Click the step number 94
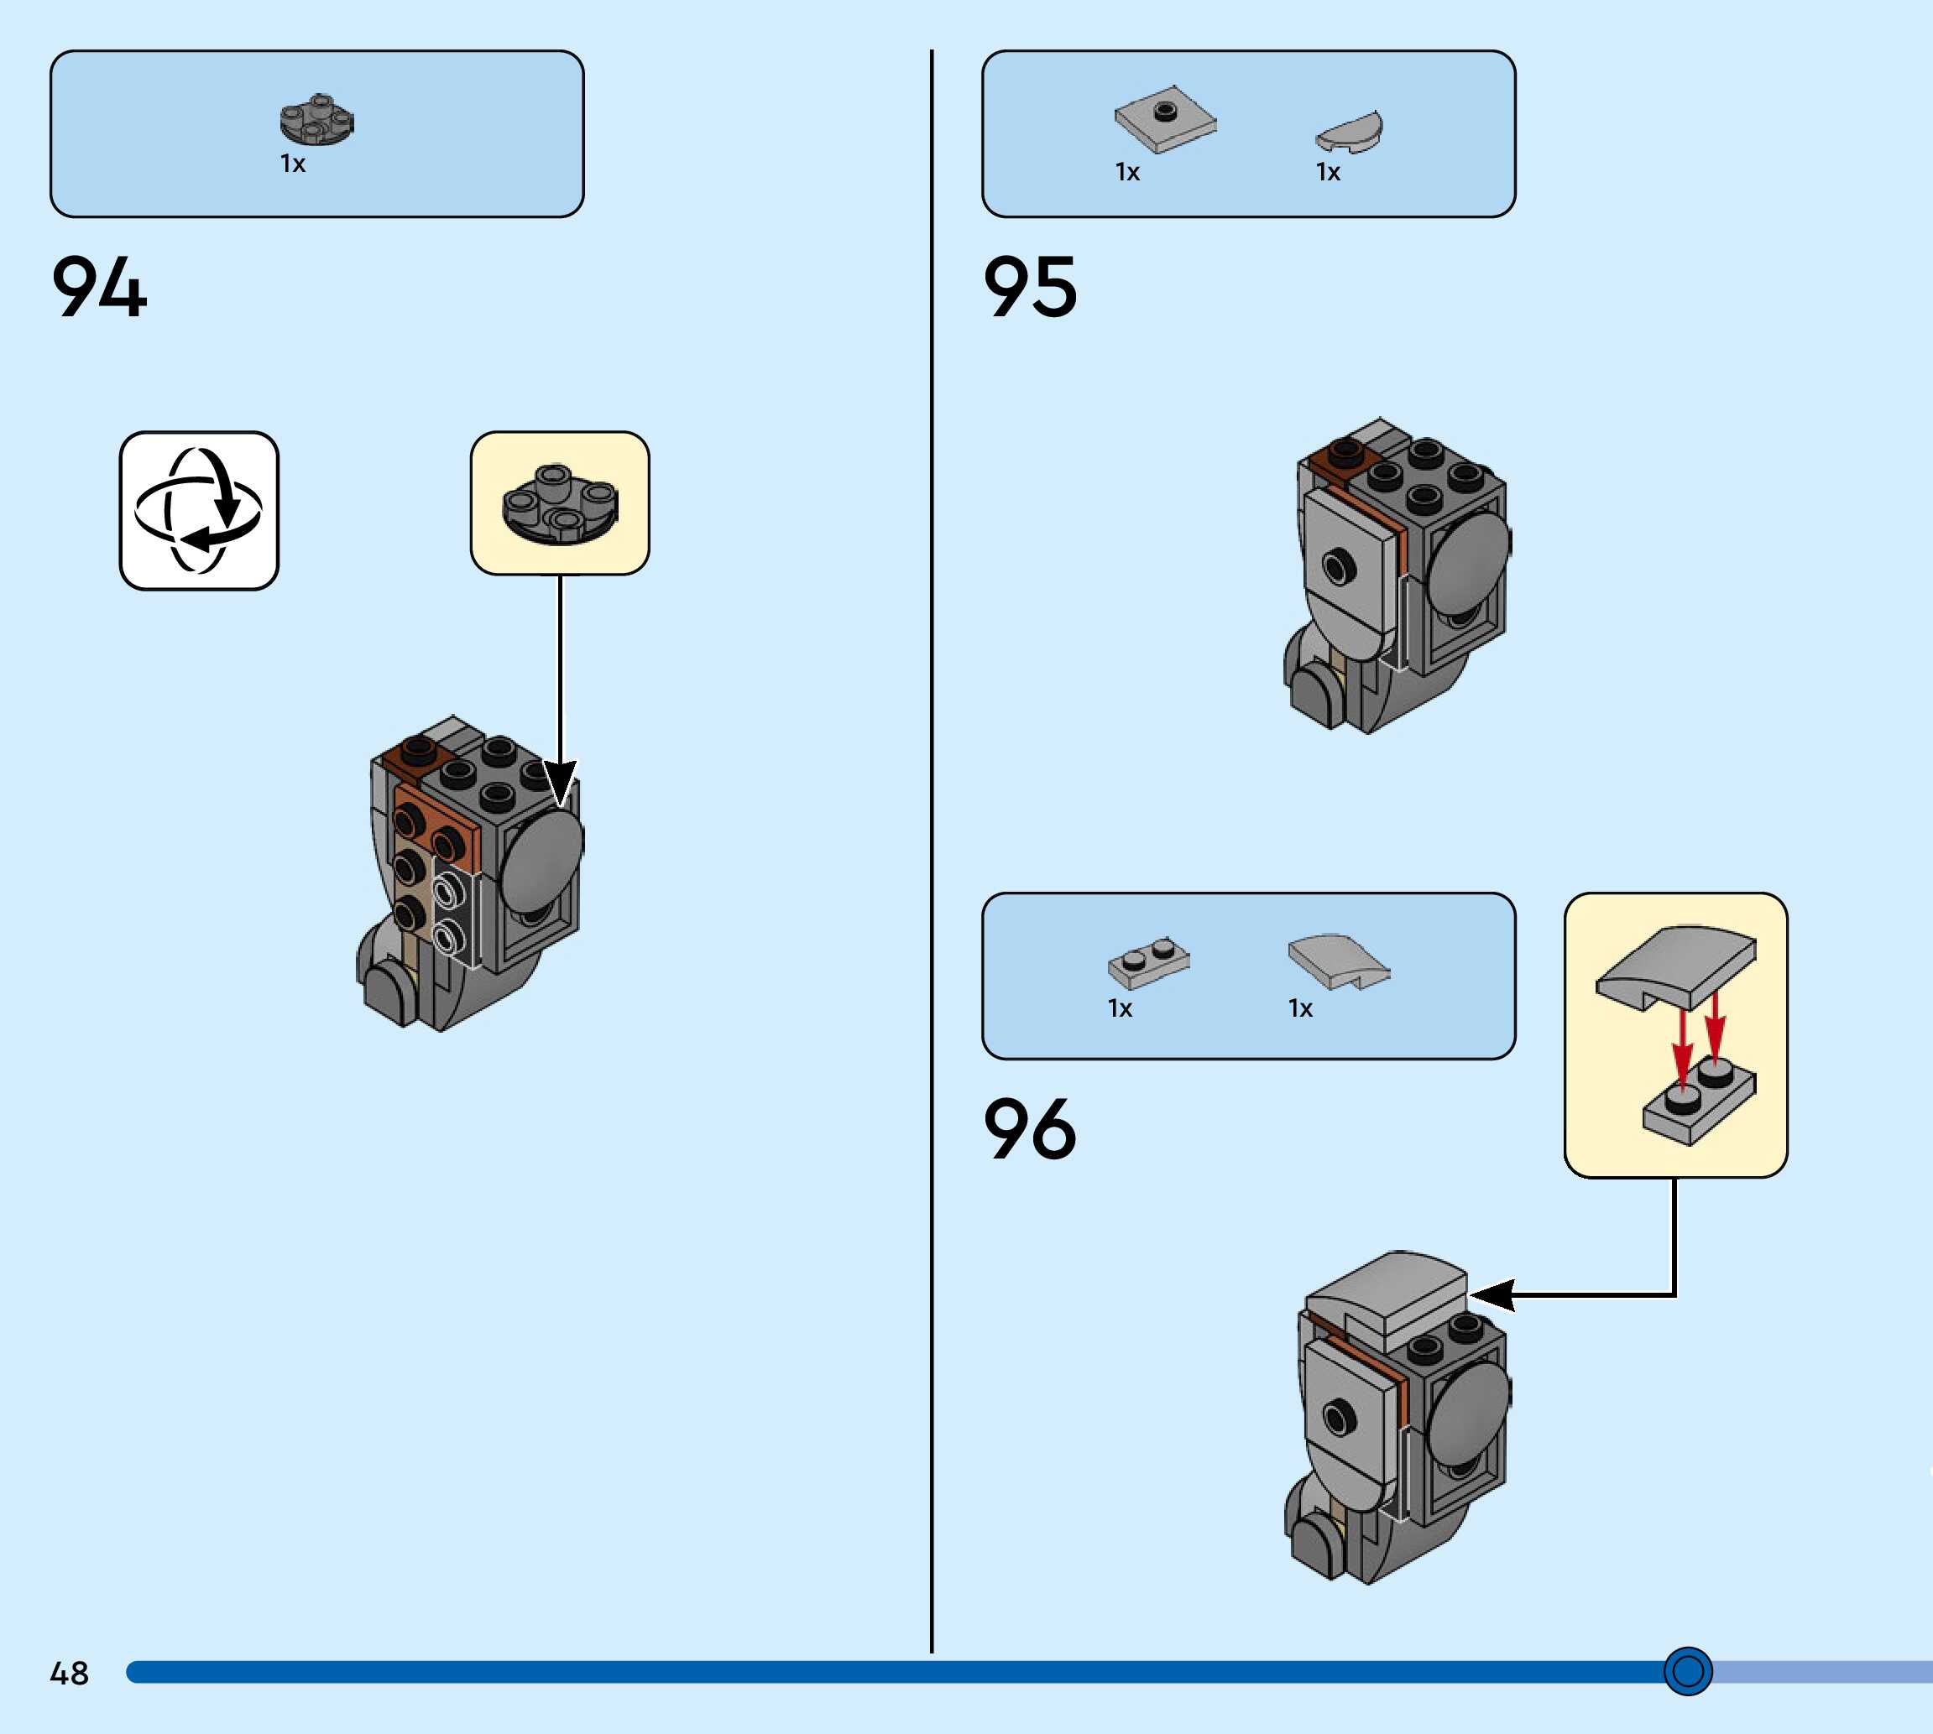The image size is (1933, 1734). (x=99, y=287)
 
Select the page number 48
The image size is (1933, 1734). (x=69, y=1673)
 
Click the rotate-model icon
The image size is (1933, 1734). (x=198, y=511)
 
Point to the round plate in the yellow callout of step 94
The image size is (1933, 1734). (x=560, y=505)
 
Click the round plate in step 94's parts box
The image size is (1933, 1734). (x=316, y=120)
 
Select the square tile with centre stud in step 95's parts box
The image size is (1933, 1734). (x=1165, y=119)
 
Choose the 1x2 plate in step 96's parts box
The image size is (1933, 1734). (x=1148, y=961)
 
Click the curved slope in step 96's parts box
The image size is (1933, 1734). (x=1337, y=961)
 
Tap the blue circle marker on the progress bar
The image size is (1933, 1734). (x=1688, y=1670)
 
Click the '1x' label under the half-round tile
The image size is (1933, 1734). (x=1328, y=173)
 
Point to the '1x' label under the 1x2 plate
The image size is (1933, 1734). (x=1120, y=1009)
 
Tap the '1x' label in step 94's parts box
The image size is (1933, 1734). (x=293, y=164)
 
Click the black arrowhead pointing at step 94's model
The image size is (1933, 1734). (x=561, y=781)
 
